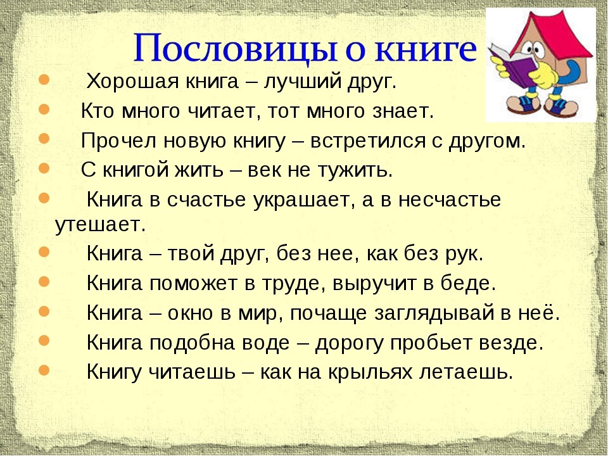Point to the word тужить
pyautogui.click(x=355, y=170)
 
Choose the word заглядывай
pyautogui.click(x=435, y=313)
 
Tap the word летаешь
pyautogui.click(x=467, y=372)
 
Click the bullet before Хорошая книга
pyautogui.click(x=44, y=80)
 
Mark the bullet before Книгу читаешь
pyautogui.click(x=44, y=369)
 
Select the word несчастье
pyautogui.click(x=450, y=200)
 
